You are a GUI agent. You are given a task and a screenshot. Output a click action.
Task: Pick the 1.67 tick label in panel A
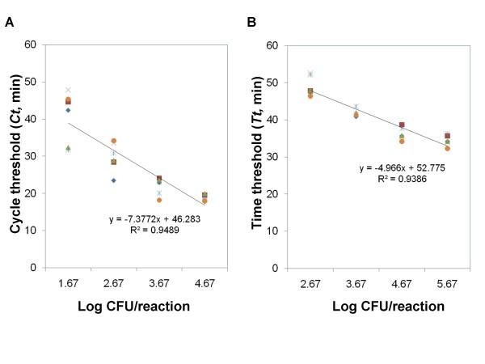68,284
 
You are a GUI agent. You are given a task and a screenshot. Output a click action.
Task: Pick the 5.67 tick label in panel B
446,284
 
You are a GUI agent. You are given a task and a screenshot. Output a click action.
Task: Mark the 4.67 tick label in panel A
205,284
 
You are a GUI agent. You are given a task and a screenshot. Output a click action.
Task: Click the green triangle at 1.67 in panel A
68,148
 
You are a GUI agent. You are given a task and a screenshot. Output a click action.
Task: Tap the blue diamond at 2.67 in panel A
114,180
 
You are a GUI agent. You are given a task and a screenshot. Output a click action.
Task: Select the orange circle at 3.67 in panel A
159,200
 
